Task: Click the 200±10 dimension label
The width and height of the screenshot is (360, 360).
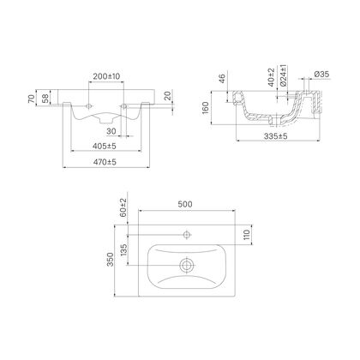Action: point(106,76)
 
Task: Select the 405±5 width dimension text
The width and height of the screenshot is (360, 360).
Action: point(105,146)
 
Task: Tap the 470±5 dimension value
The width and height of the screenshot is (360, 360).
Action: point(105,162)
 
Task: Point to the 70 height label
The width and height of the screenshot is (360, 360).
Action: point(33,99)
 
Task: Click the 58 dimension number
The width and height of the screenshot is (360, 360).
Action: point(45,99)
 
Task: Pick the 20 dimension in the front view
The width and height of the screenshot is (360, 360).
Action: point(168,96)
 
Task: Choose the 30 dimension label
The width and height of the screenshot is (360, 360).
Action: point(111,131)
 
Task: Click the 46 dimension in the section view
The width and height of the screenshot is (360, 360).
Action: point(222,78)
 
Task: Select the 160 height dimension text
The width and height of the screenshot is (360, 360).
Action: point(206,108)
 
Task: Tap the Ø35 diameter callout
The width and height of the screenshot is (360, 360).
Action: point(321,74)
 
